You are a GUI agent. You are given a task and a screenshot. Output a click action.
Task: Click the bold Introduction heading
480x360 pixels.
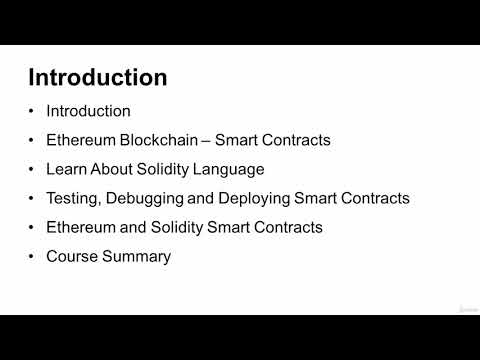pyautogui.click(x=97, y=77)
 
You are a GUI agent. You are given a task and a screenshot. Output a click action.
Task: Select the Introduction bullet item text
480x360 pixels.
pyautogui.click(x=88, y=111)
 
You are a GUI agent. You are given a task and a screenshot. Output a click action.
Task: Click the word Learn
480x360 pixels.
pyautogui.click(x=66, y=169)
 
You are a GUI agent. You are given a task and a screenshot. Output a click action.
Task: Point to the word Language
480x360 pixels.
pyautogui.click(x=230, y=169)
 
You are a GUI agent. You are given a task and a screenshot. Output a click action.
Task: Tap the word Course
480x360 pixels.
pyautogui.click(x=72, y=256)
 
